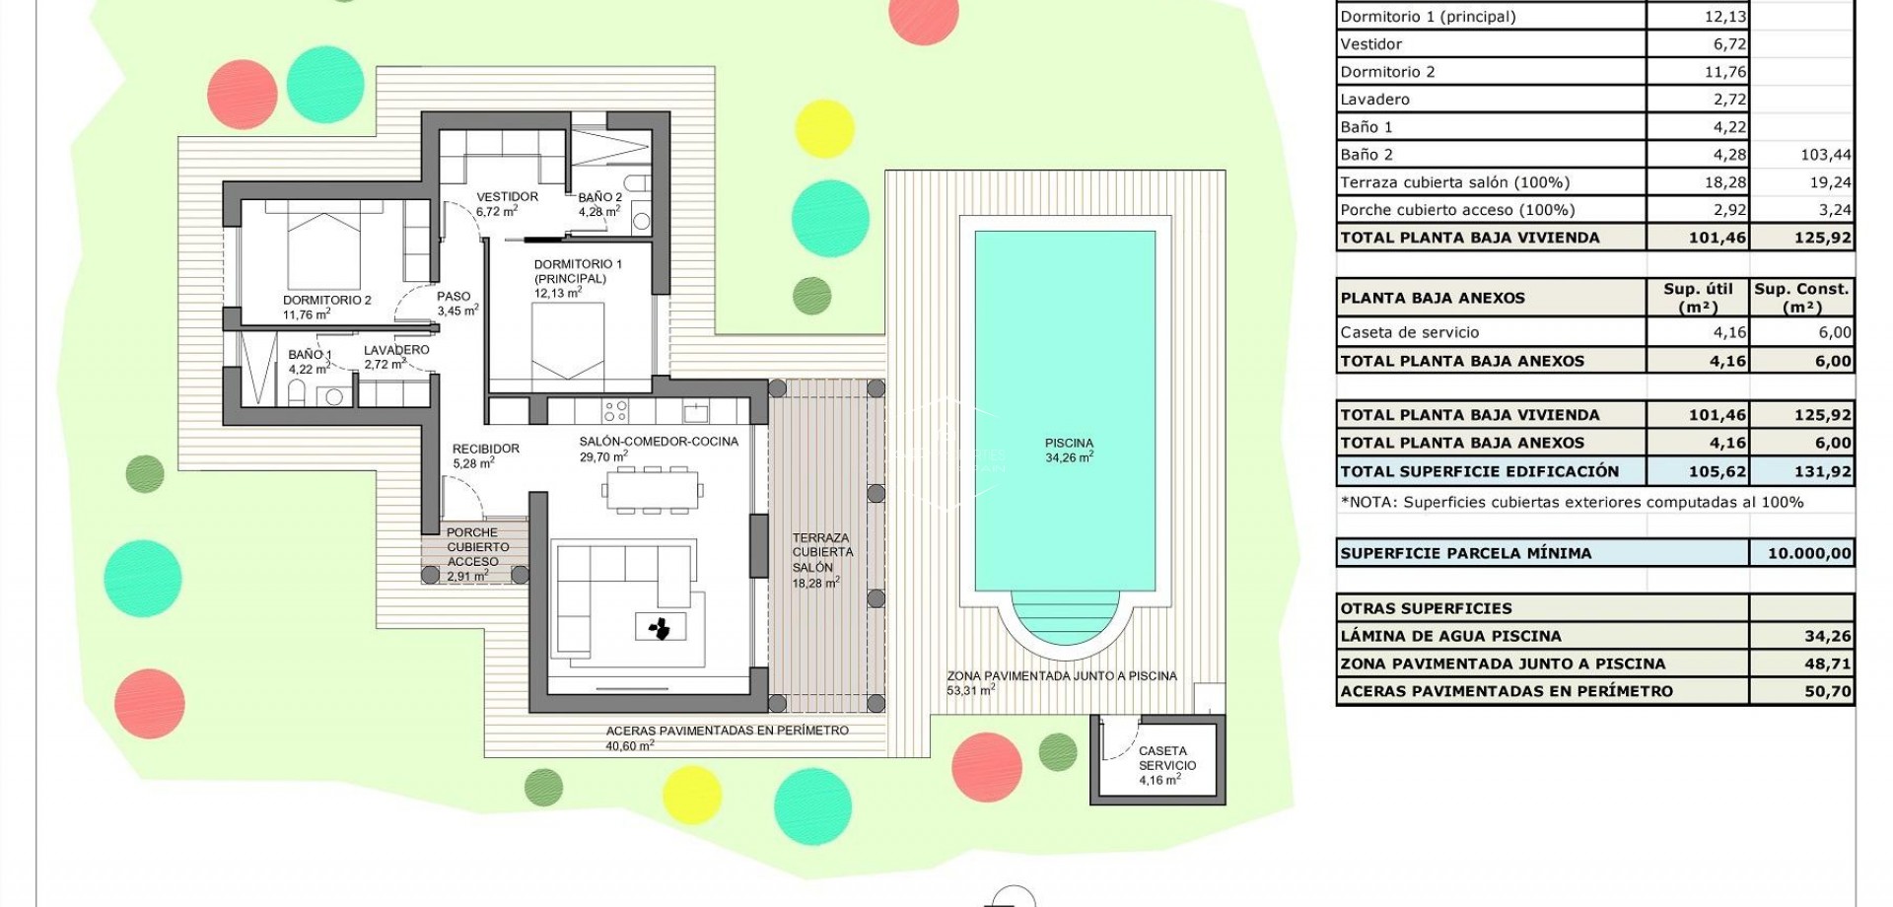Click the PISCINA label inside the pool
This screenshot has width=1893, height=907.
[1069, 450]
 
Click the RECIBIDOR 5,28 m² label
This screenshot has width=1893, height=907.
[485, 454]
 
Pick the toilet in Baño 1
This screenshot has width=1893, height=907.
[297, 394]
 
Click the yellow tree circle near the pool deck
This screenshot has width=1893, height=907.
[824, 128]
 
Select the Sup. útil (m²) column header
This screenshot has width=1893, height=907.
[1697, 297]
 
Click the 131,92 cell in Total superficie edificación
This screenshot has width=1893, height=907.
[1822, 471]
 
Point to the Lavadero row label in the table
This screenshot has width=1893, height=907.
[1374, 99]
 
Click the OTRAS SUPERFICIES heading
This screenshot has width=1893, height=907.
[1426, 608]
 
